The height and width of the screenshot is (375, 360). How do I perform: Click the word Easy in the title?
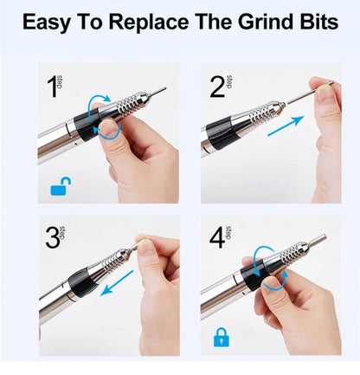pos(46,23)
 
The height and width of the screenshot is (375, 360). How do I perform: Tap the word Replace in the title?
pos(148,23)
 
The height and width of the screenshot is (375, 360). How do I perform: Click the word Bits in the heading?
pos(319,22)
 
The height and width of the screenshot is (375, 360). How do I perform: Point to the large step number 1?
pos(53,87)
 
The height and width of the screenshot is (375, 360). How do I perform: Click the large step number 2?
pos(217,87)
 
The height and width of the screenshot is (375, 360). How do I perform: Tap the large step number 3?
pos(53,238)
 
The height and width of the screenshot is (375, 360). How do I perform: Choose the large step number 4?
pos(217,238)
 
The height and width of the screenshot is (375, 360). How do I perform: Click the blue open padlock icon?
pos(61,187)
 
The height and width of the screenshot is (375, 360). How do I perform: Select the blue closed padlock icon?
pos(222,337)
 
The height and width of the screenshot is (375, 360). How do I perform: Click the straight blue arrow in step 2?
pos(286,126)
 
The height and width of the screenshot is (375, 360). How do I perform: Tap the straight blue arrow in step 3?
pos(117,283)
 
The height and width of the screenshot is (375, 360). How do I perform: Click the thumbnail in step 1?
pos(109,127)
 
